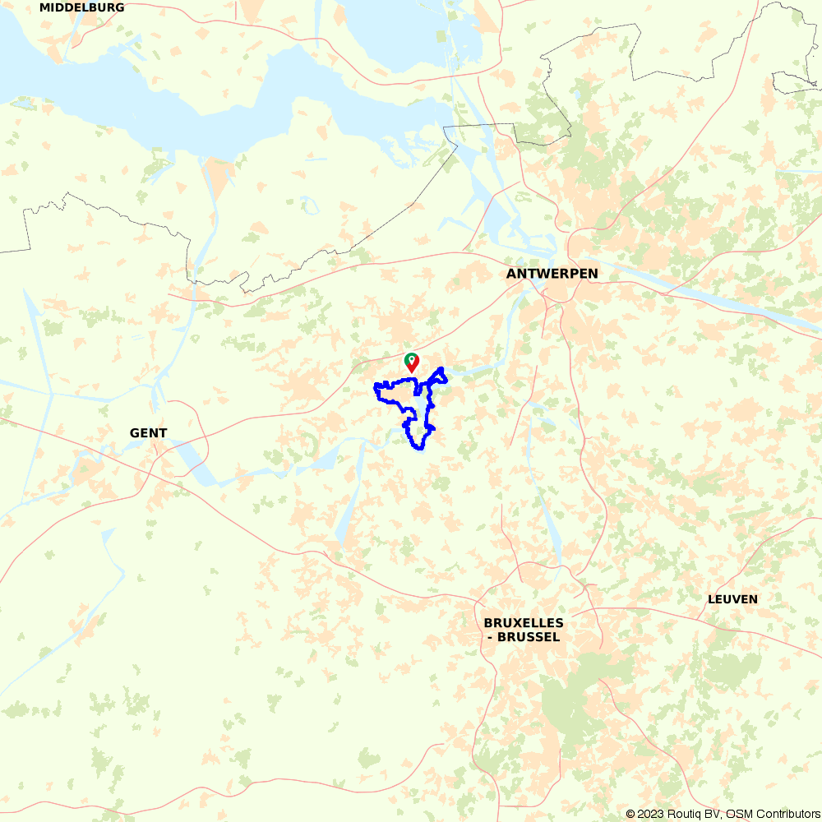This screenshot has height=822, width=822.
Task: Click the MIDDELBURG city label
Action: click(82, 7)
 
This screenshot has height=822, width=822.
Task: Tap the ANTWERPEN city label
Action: click(552, 274)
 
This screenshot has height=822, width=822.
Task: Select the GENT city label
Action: click(148, 433)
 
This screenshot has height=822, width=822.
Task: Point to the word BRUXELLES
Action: click(524, 623)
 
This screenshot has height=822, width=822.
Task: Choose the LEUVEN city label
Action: click(732, 599)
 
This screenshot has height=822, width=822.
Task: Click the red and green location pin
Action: click(412, 363)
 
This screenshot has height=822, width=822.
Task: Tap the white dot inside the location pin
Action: click(412, 359)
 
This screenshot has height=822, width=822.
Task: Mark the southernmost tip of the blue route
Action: click(418, 449)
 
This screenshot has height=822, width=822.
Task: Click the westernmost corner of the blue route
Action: click(376, 386)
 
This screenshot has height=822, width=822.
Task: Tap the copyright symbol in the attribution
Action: click(630, 814)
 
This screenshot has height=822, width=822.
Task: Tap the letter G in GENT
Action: click(134, 433)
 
